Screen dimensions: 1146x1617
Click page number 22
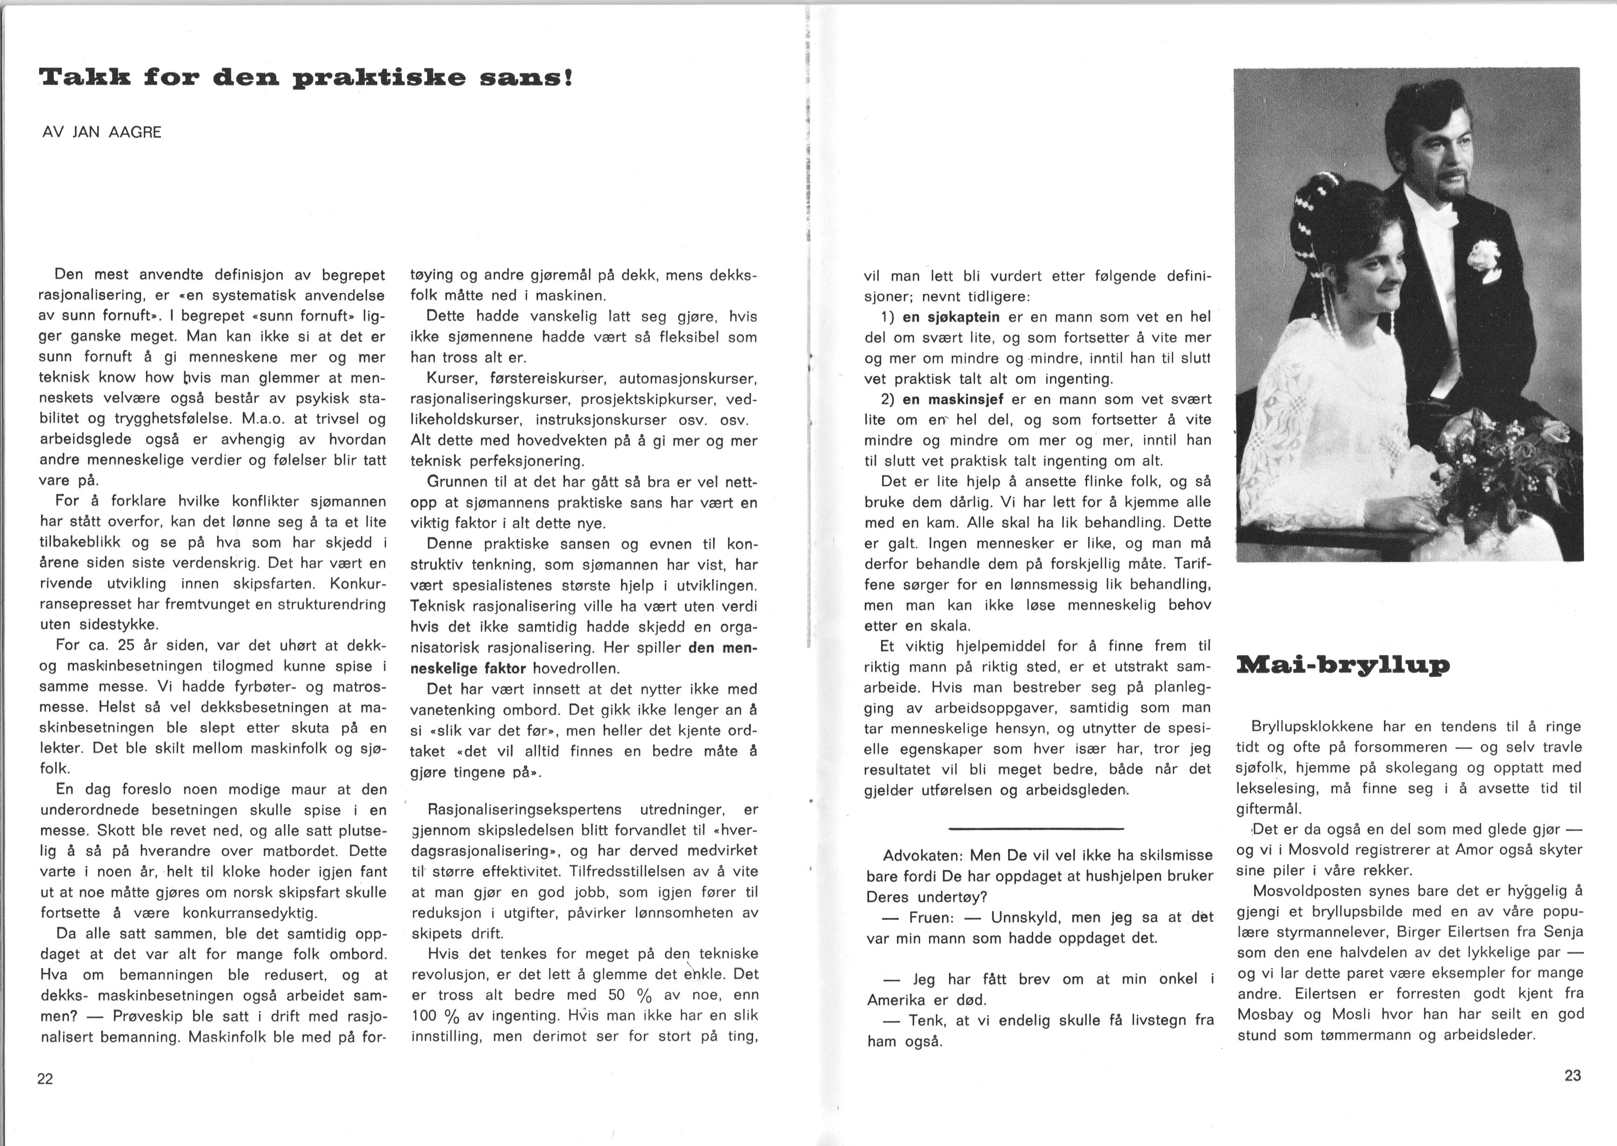pos(45,1079)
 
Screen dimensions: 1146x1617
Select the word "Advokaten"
pos(922,856)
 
